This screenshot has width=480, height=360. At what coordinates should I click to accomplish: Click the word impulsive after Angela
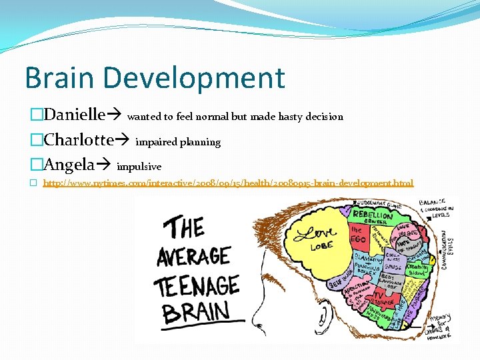(139, 166)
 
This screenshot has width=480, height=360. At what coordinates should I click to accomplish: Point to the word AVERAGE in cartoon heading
(193, 256)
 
